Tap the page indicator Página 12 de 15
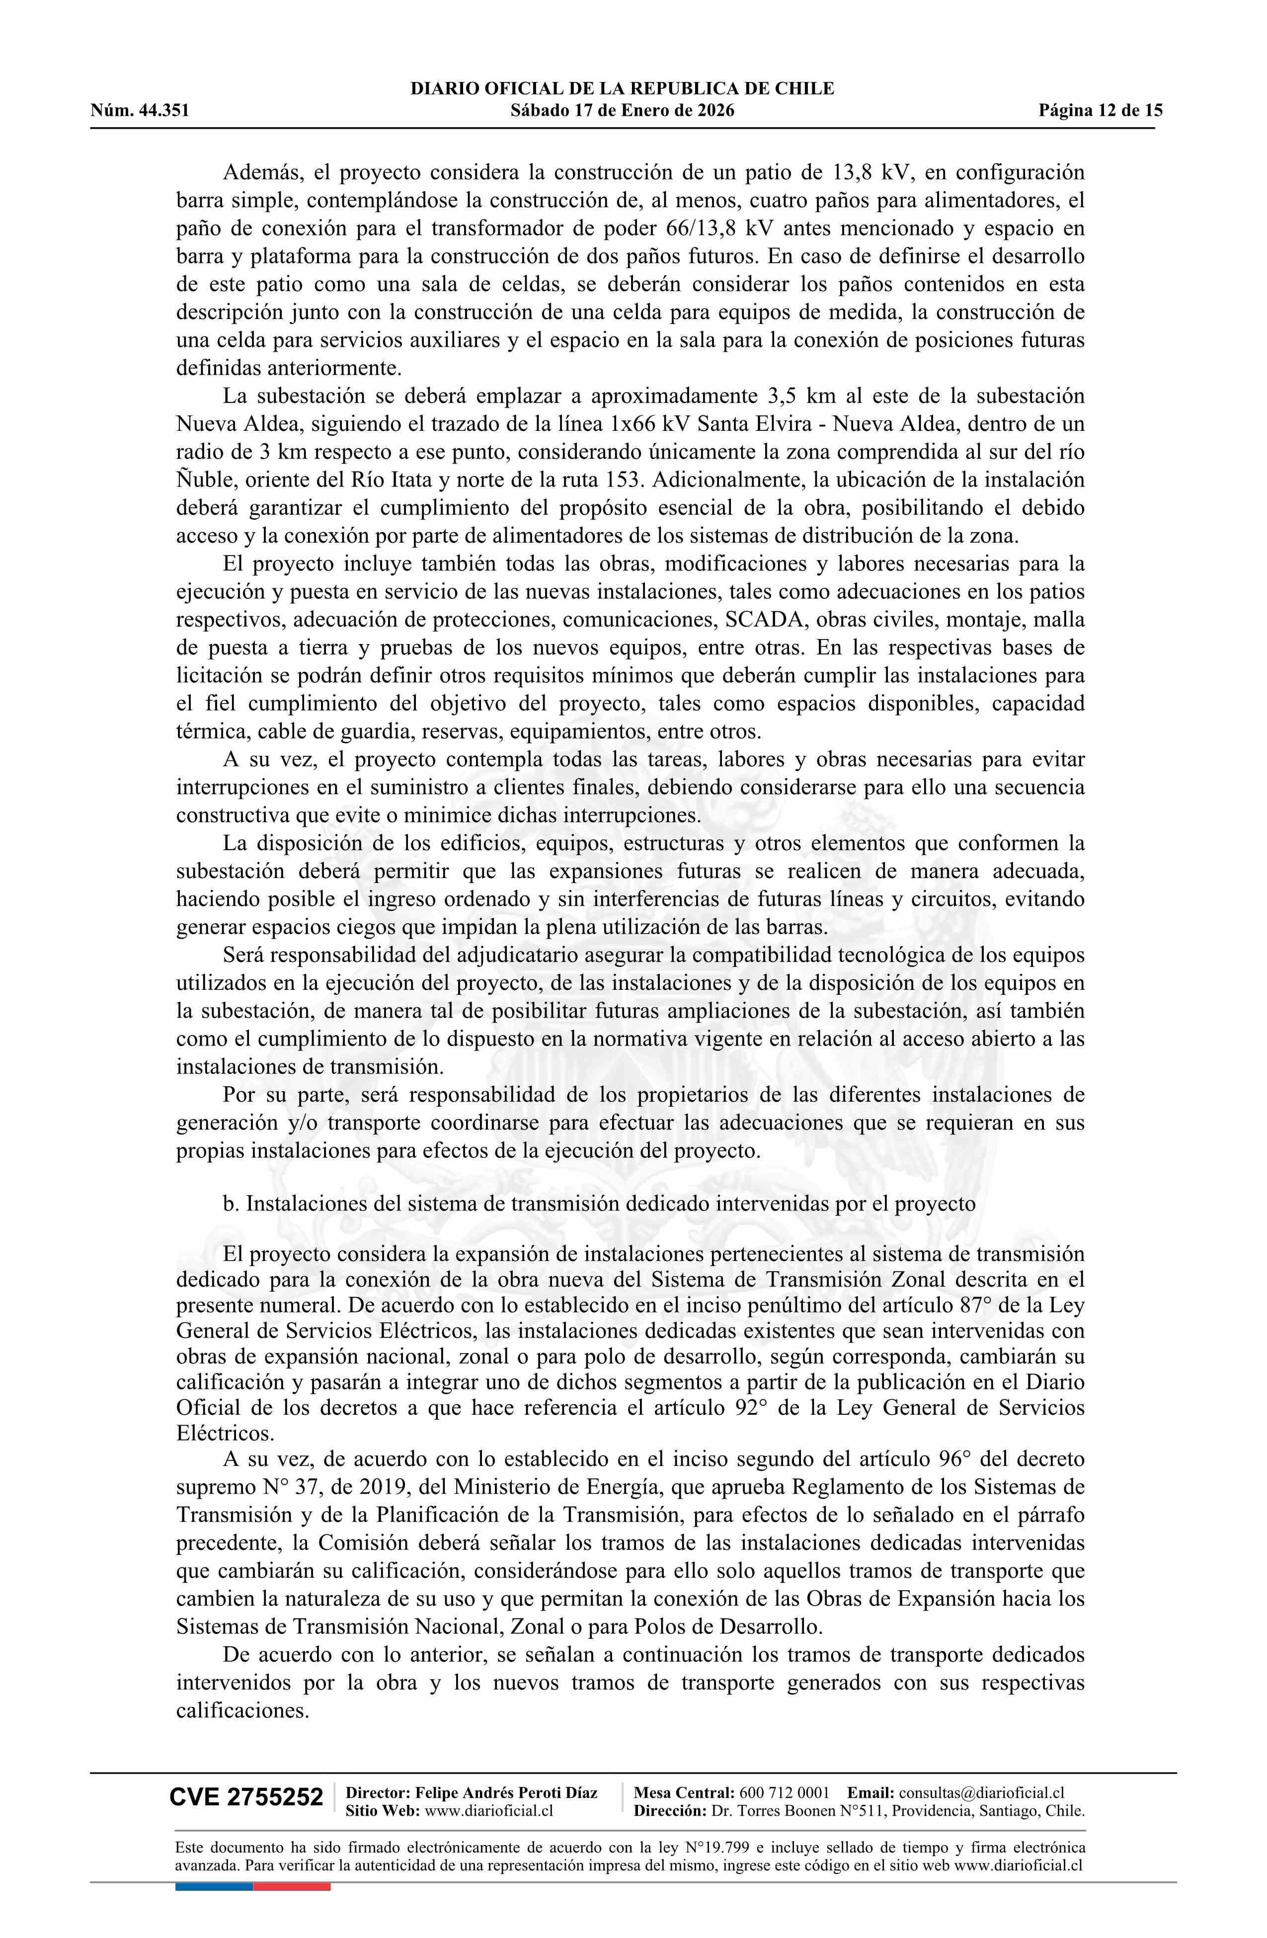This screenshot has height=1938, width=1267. tap(1100, 111)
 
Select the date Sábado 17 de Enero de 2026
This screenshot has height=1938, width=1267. tap(622, 111)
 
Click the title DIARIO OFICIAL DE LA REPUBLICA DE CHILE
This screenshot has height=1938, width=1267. tap(622, 89)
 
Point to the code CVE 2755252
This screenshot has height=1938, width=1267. tap(246, 1820)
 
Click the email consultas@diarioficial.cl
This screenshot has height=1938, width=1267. tap(982, 1815)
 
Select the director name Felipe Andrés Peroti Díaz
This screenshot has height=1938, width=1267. tap(506, 1815)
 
